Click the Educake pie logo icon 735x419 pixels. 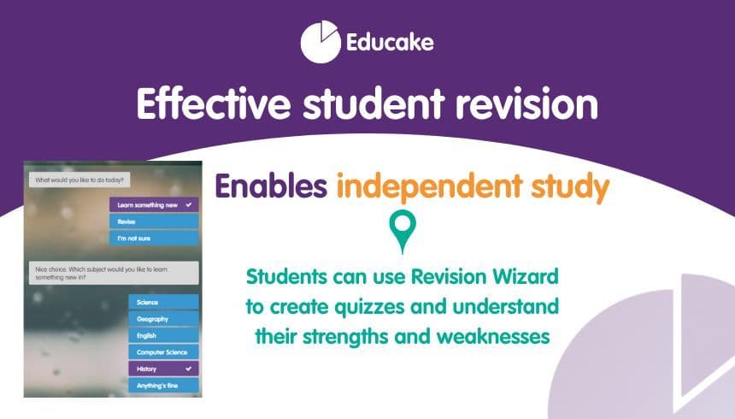click(x=321, y=42)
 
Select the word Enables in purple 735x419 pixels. click(x=269, y=187)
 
